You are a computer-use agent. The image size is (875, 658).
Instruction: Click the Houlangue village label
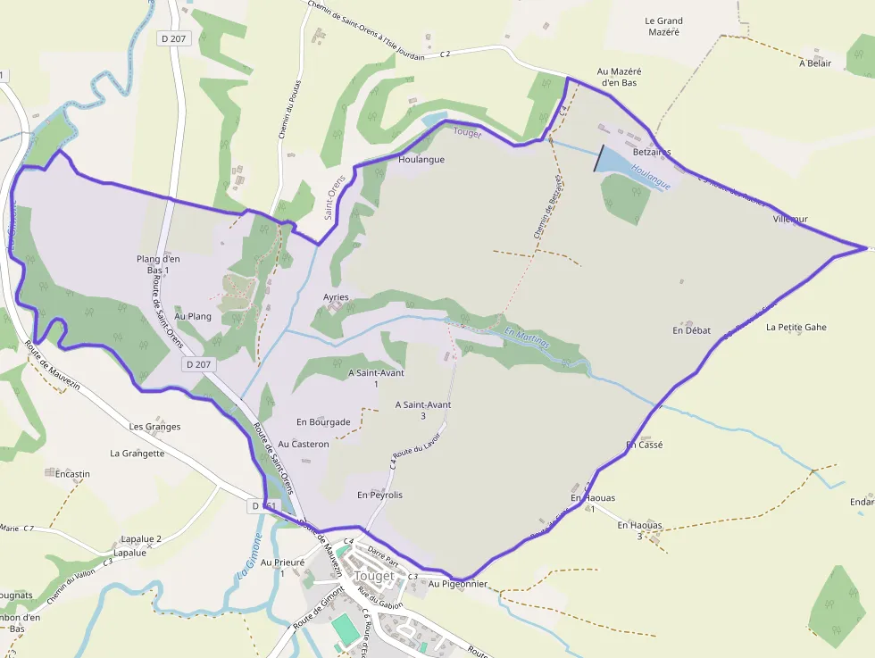[421, 160]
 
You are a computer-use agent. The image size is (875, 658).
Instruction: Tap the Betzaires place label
[651, 152]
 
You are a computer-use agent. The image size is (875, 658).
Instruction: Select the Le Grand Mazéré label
[663, 27]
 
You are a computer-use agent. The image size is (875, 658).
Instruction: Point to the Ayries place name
[336, 297]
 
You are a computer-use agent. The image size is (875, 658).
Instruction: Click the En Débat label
[691, 330]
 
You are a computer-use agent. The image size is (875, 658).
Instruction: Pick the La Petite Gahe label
[796, 328]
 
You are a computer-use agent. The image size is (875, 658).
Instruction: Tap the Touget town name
[374, 576]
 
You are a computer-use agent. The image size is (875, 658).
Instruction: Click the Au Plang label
[193, 316]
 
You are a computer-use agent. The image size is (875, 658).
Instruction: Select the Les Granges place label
[154, 427]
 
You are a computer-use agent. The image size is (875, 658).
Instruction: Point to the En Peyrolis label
[379, 495]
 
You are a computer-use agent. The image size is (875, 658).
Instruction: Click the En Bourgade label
[323, 422]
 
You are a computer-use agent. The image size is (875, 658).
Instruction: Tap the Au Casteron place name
[304, 444]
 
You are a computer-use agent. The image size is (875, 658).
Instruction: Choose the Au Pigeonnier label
[458, 584]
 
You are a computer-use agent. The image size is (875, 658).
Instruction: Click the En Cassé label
[644, 444]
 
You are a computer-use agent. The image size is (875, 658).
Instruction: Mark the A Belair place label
[815, 63]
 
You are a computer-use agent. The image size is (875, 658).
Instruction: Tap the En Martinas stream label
[527, 338]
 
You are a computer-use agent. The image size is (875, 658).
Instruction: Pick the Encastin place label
[72, 474]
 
